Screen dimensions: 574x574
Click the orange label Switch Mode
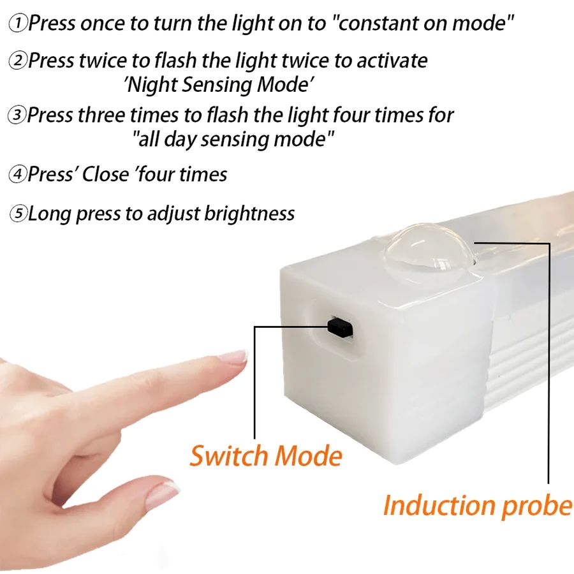coord(266,456)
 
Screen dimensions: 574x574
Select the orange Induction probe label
coord(477,505)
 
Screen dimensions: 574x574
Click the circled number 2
coord(18,61)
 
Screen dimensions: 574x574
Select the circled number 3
coord(17,116)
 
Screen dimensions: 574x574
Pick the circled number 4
coord(18,174)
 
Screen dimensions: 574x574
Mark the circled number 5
coord(18,214)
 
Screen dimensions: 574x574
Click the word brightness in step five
coord(249,214)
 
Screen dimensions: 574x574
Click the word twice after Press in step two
coord(103,61)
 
